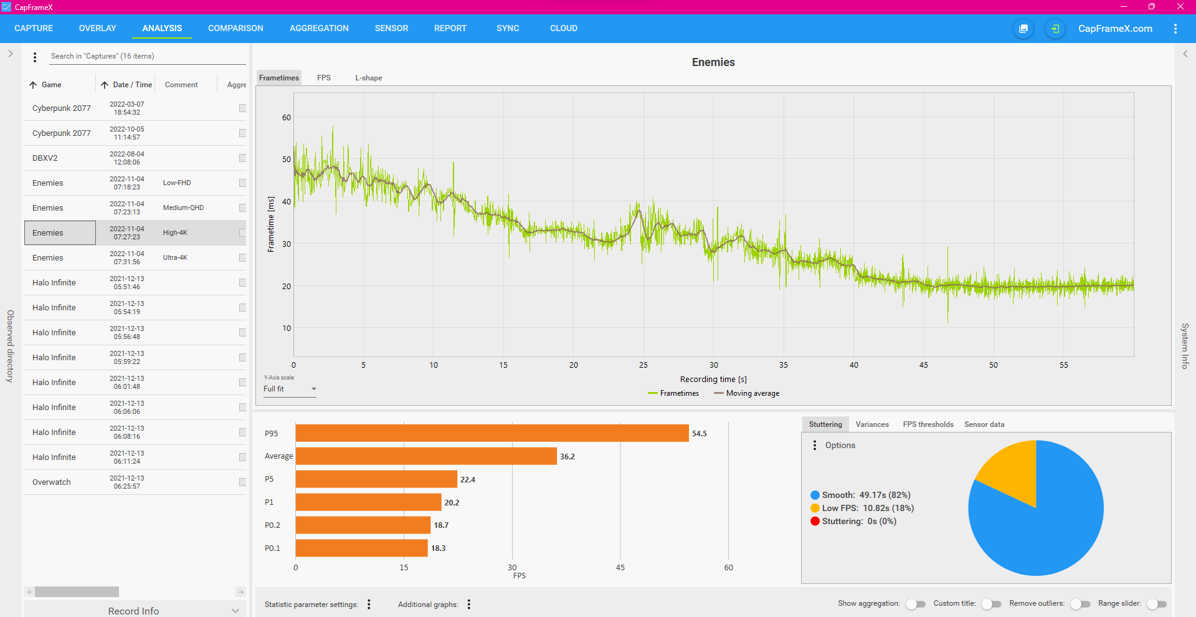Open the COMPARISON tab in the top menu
tap(235, 28)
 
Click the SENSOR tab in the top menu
tap(391, 28)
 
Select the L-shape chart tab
tap(368, 78)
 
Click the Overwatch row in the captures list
tap(52, 482)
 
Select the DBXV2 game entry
tap(45, 158)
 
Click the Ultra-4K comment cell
tap(175, 257)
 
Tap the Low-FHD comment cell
tap(177, 183)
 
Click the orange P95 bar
tap(492, 433)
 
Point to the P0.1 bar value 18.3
tap(438, 548)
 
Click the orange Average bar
tap(426, 456)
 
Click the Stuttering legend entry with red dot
tap(853, 522)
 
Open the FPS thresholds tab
tap(928, 424)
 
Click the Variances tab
tap(872, 424)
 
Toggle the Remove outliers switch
tap(1081, 604)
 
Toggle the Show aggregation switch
tap(916, 604)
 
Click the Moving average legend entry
tap(747, 393)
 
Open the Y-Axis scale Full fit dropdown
tap(290, 389)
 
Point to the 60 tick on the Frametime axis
tap(287, 118)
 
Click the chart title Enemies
tap(713, 62)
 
